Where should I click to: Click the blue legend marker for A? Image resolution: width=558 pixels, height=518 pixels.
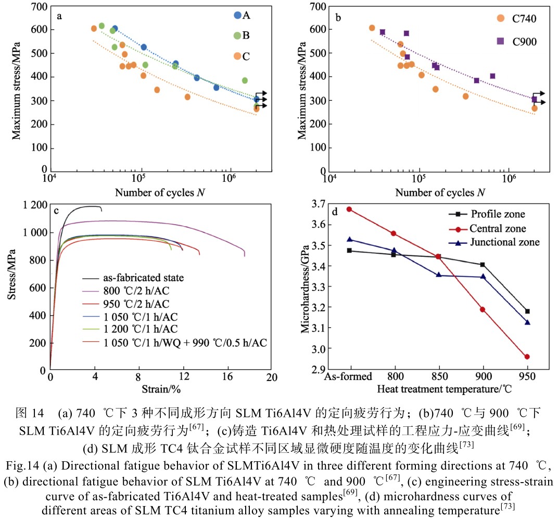[x=238, y=16]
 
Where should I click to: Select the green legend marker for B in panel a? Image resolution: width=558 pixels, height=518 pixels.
[x=238, y=35]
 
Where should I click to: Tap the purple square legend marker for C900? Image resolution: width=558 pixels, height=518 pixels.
[x=500, y=41]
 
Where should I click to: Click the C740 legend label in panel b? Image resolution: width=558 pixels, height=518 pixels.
[x=524, y=19]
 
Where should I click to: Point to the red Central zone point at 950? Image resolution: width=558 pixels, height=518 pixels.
[x=527, y=357]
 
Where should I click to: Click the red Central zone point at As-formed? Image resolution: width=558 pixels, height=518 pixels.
[x=350, y=209]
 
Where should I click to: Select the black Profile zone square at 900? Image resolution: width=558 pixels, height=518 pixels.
[x=483, y=265]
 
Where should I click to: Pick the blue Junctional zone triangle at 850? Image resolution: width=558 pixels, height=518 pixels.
[x=439, y=275]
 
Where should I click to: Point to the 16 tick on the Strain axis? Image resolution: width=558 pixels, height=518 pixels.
[x=226, y=377]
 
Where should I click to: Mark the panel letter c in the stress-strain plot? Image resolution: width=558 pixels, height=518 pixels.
[x=56, y=211]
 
